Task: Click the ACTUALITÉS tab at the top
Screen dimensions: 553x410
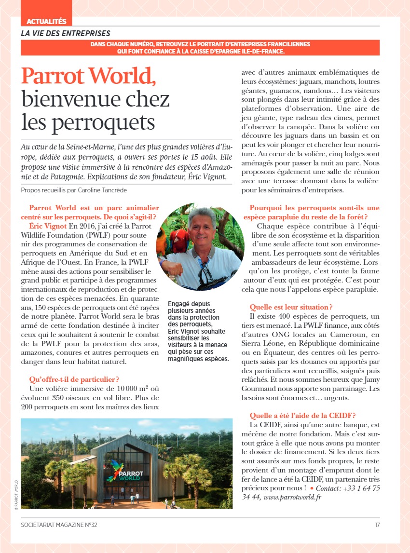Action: tap(46, 21)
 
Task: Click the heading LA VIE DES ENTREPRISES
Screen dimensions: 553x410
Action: tap(66, 34)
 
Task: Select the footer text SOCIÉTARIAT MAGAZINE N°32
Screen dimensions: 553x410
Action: tap(59, 525)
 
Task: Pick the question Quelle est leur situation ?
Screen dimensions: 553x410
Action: tap(291, 307)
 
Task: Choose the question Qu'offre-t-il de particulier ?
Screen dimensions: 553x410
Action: tap(74, 379)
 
